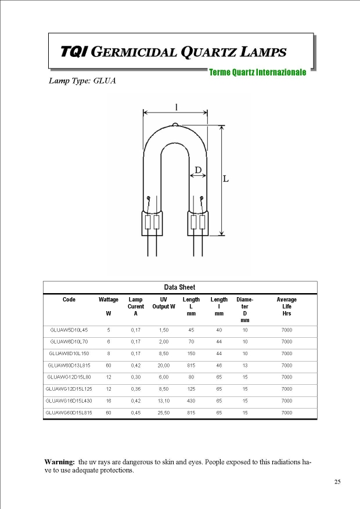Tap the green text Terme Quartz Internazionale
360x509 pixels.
click(x=257, y=73)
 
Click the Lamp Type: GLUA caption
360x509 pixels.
click(x=82, y=81)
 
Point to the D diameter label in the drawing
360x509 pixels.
click(x=198, y=170)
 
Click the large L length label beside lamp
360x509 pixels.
click(x=226, y=179)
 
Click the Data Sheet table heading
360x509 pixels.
click(x=179, y=287)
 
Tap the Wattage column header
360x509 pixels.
click(x=109, y=300)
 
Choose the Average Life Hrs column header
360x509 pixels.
click(x=286, y=306)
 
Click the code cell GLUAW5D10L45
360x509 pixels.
click(x=69, y=330)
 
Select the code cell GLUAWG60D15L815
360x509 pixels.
click(x=69, y=413)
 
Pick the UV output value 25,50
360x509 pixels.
click(x=164, y=413)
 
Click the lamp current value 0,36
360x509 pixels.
click(x=135, y=389)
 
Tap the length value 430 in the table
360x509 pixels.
click(x=191, y=400)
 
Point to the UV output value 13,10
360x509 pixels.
click(x=164, y=400)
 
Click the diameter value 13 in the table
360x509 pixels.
click(x=245, y=365)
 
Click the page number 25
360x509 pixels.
click(x=337, y=482)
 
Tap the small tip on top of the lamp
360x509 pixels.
click(x=175, y=124)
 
